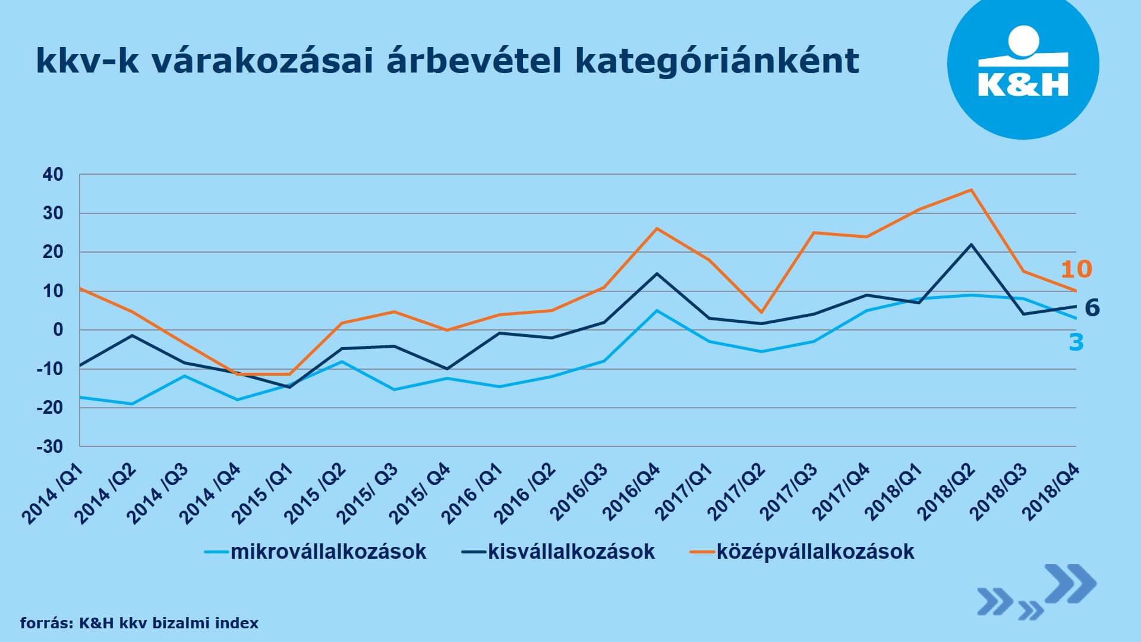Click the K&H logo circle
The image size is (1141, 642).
click(x=1023, y=64)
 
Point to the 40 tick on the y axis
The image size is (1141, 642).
click(x=52, y=175)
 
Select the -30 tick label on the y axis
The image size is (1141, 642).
click(x=49, y=447)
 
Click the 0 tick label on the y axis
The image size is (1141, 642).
click(x=58, y=330)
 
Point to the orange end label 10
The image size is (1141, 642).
click(x=1076, y=269)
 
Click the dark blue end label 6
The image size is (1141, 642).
click(x=1092, y=307)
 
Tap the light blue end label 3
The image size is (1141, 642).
click(x=1076, y=342)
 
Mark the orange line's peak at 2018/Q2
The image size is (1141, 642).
click(x=971, y=190)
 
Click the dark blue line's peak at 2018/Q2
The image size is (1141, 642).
click(x=971, y=244)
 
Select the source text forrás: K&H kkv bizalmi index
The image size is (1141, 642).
click(x=140, y=623)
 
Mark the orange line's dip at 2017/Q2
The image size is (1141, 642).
click(x=761, y=313)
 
